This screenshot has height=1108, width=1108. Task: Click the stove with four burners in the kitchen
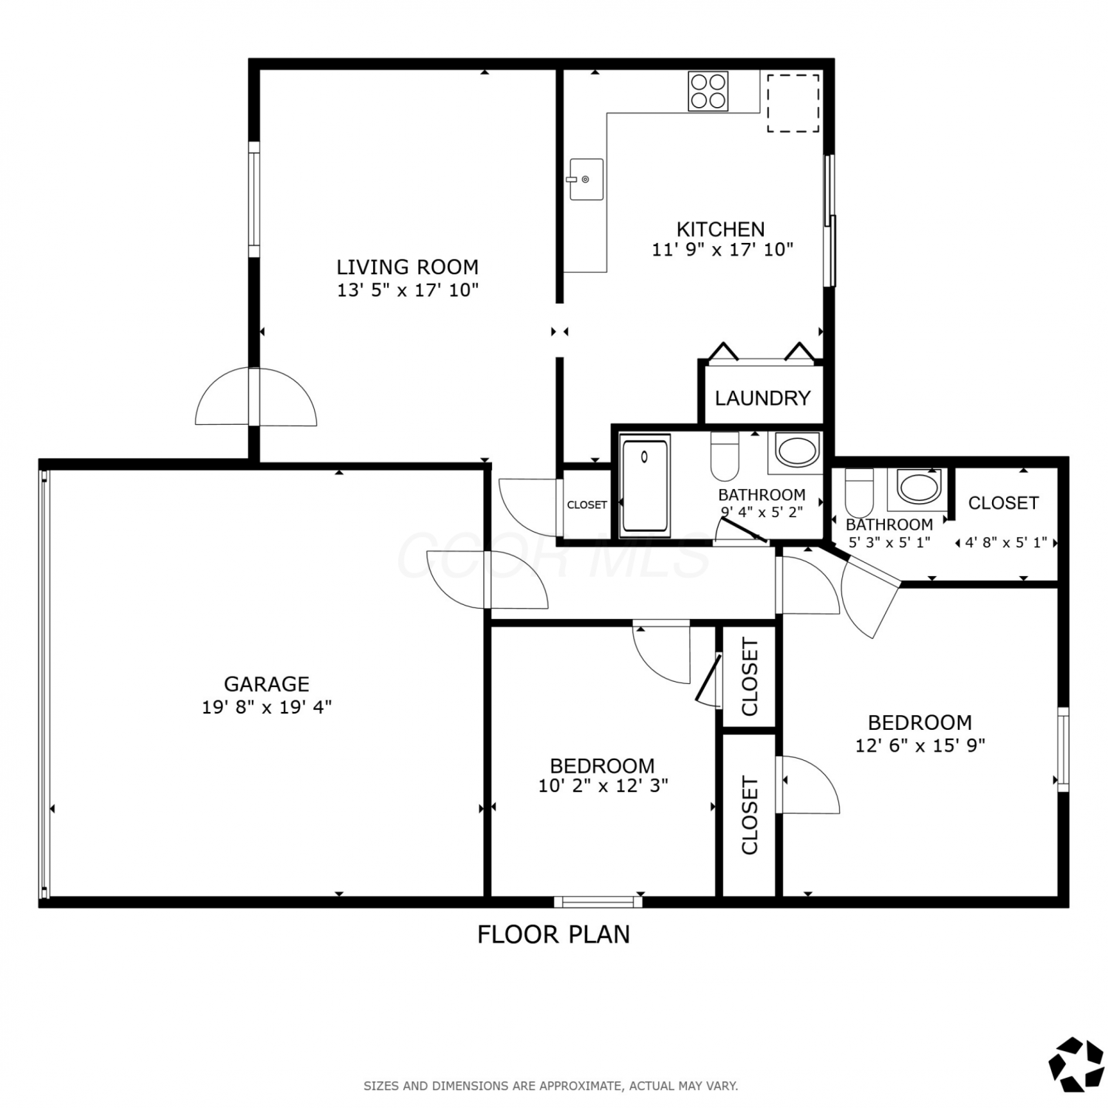(x=708, y=91)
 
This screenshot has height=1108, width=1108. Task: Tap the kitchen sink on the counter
(x=587, y=179)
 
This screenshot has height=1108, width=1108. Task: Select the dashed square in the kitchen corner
(x=793, y=103)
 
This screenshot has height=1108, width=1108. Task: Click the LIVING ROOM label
(x=407, y=267)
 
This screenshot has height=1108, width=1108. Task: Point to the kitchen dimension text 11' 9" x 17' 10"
(x=722, y=250)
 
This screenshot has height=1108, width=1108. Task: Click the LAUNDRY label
(x=762, y=398)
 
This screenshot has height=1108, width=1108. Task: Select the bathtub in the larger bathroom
(x=646, y=485)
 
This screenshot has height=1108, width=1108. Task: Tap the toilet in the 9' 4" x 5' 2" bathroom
(x=725, y=456)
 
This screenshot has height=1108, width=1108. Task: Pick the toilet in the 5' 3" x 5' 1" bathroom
(x=859, y=493)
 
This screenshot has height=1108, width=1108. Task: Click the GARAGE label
(x=267, y=684)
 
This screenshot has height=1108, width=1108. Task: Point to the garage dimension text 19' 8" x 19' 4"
(x=267, y=707)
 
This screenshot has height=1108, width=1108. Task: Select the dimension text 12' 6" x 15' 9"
(x=920, y=745)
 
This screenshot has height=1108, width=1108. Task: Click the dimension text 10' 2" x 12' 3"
(x=603, y=785)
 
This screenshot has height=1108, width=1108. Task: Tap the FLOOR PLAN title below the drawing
(x=553, y=934)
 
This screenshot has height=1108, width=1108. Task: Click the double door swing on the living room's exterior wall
(x=256, y=397)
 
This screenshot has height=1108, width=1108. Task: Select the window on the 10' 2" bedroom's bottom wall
(x=598, y=901)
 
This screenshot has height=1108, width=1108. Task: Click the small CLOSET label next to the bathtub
(x=587, y=505)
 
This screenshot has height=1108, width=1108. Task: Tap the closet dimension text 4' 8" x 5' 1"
(x=1005, y=543)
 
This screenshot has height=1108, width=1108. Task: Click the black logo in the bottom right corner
(x=1076, y=1064)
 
